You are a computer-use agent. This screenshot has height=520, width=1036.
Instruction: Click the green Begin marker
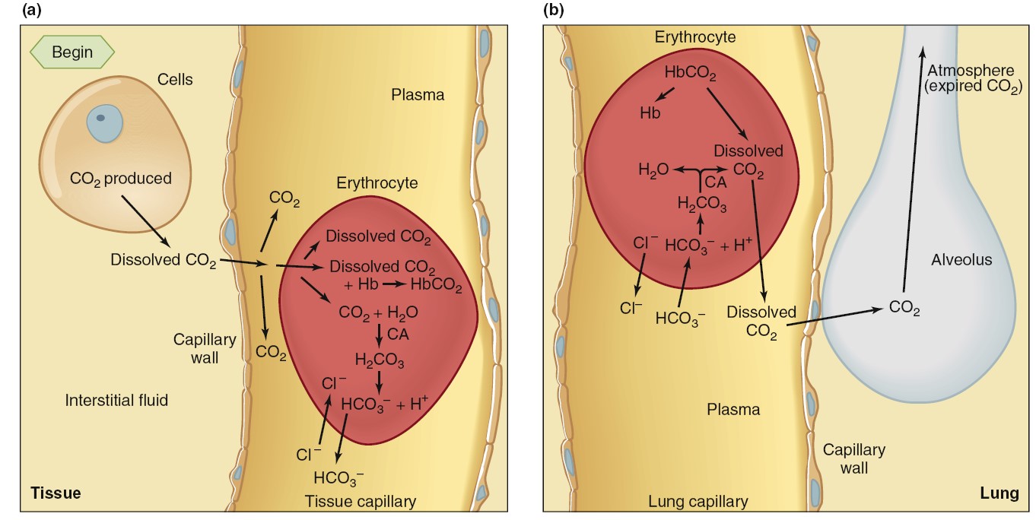72,52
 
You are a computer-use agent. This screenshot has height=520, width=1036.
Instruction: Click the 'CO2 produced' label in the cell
120,179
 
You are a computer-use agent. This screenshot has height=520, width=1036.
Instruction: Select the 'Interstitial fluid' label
116,399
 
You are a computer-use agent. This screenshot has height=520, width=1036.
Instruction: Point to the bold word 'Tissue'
55,493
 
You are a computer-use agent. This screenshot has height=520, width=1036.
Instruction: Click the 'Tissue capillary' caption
361,501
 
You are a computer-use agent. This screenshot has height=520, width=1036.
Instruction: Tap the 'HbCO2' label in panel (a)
436,284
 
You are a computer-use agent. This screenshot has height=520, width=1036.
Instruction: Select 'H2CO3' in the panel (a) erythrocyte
380,359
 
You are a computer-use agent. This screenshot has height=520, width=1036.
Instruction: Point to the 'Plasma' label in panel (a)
418,95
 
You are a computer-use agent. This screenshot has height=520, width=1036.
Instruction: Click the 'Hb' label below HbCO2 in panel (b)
650,113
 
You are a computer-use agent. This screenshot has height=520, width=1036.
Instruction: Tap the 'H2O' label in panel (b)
653,171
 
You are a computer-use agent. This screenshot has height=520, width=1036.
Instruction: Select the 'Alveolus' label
961,260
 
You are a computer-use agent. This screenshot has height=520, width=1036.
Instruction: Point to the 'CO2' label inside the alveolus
904,309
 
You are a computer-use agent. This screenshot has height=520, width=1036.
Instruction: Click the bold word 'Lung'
999,493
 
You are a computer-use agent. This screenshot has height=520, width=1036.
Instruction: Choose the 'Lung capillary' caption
698,501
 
